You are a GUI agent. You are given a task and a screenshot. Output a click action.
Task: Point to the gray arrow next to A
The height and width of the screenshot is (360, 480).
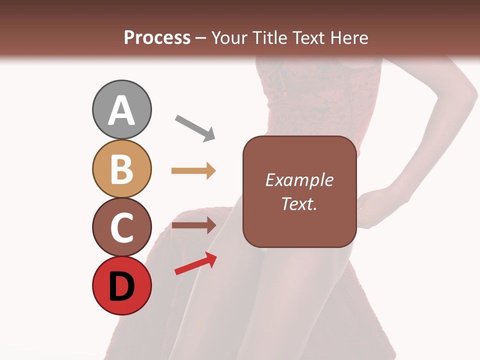click(195, 128)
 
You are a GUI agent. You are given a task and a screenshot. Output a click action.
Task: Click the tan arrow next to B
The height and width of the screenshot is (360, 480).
click(193, 171)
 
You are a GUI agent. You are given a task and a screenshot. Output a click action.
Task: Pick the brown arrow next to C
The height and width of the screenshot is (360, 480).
click(193, 225)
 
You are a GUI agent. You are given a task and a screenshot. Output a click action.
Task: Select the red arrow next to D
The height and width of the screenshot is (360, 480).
click(195, 263)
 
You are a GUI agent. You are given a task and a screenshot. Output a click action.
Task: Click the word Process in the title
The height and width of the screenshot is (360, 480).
click(157, 37)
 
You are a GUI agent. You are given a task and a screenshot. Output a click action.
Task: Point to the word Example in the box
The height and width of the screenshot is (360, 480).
click(299, 180)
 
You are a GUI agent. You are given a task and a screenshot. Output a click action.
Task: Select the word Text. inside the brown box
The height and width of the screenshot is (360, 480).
click(299, 204)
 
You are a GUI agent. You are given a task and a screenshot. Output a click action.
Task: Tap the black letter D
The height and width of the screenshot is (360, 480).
click(121, 286)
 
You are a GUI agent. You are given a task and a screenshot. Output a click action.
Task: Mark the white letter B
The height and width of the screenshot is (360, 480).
click(121, 169)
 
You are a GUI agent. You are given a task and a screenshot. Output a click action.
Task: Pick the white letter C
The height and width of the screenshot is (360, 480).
click(121, 227)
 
